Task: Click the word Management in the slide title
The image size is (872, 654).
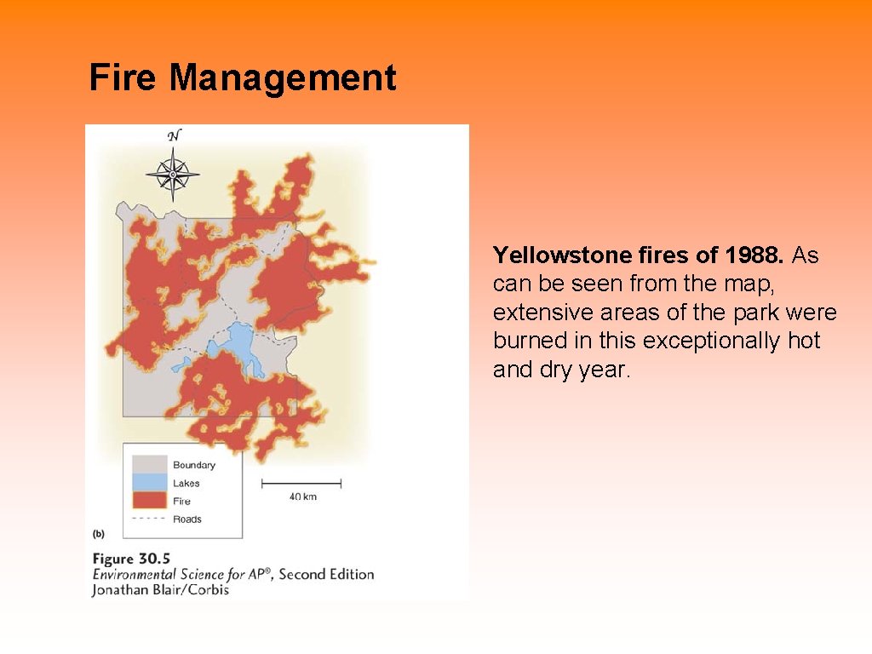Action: pyautogui.click(x=282, y=78)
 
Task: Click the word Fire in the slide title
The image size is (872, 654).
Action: pyautogui.click(x=123, y=78)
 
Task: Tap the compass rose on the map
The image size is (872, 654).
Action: pyautogui.click(x=172, y=175)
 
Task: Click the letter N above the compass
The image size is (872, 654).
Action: pyautogui.click(x=174, y=136)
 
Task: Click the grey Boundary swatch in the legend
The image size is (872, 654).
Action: pyautogui.click(x=148, y=465)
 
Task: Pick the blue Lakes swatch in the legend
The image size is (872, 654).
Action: pyautogui.click(x=148, y=483)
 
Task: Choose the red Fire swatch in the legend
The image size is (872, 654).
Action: pyautogui.click(x=148, y=501)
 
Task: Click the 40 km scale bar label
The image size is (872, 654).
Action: pyautogui.click(x=301, y=496)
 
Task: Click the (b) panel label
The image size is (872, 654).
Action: pyautogui.click(x=98, y=534)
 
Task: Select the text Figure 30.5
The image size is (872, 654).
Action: pyautogui.click(x=125, y=559)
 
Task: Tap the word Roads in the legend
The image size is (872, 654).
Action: pyautogui.click(x=187, y=519)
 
